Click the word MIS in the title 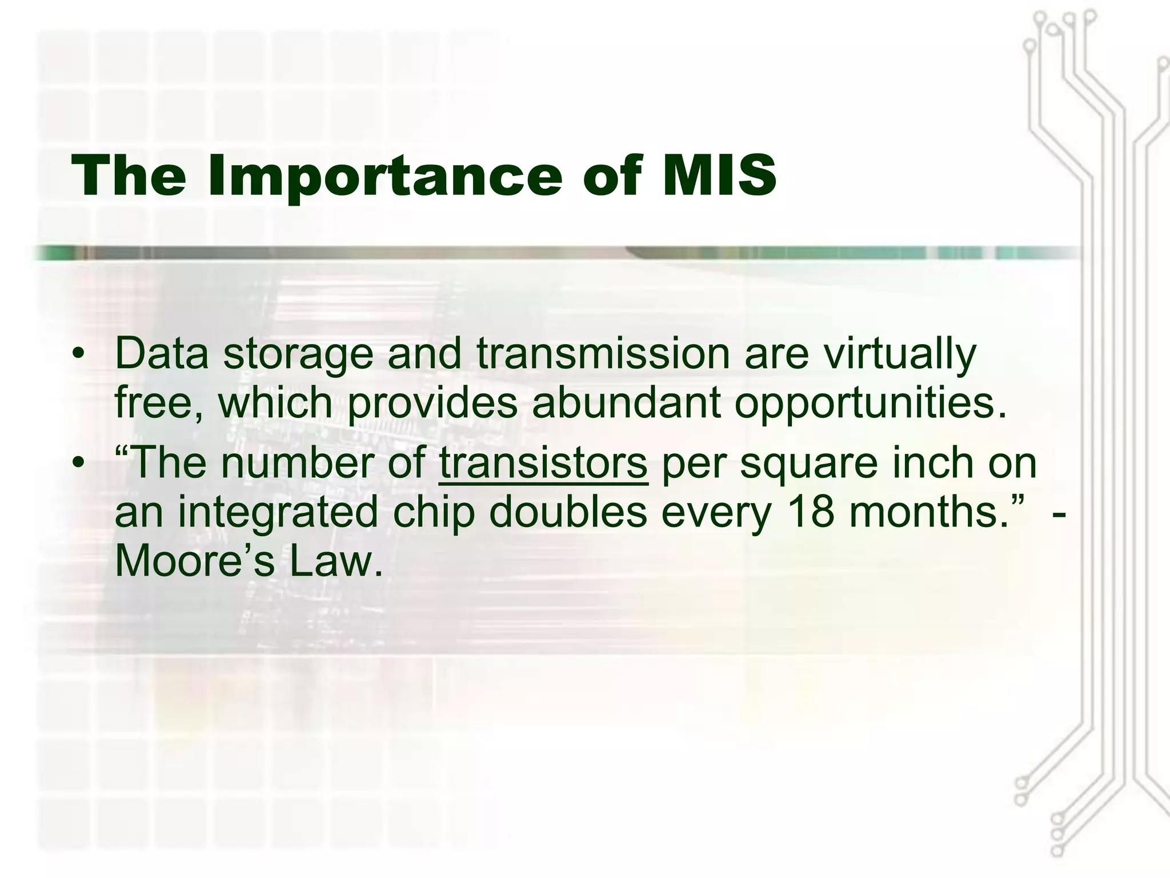click(x=719, y=175)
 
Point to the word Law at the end click(x=335, y=561)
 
